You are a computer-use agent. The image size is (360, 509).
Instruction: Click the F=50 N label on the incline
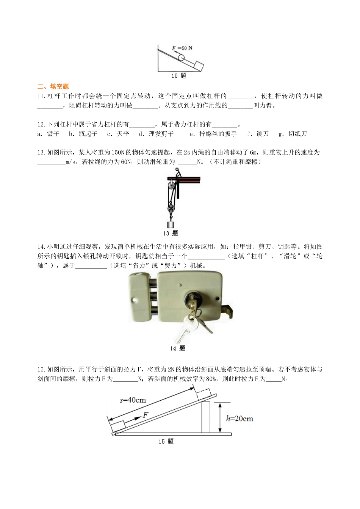click(x=182, y=48)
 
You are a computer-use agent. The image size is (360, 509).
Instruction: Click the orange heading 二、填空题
click(x=53, y=86)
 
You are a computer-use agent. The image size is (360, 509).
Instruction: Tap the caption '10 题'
click(x=179, y=76)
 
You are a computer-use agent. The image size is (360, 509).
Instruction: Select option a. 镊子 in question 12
click(x=49, y=134)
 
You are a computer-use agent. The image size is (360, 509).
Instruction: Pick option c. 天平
click(x=118, y=134)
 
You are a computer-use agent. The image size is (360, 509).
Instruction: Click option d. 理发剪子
click(x=156, y=134)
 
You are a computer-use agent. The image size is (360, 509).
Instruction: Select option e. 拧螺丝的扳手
click(x=213, y=134)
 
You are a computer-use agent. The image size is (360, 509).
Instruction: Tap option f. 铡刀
click(x=258, y=134)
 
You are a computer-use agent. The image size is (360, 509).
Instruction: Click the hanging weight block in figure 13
click(x=171, y=225)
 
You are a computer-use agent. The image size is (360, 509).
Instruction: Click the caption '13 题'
click(x=171, y=233)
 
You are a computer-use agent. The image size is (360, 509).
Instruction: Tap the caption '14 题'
click(x=177, y=348)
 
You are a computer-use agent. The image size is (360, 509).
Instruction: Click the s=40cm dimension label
click(x=133, y=400)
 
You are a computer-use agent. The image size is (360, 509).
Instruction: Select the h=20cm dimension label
click(x=239, y=418)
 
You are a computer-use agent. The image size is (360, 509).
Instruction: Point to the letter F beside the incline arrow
click(x=145, y=415)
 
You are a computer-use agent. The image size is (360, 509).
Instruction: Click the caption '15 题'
click(x=166, y=442)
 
